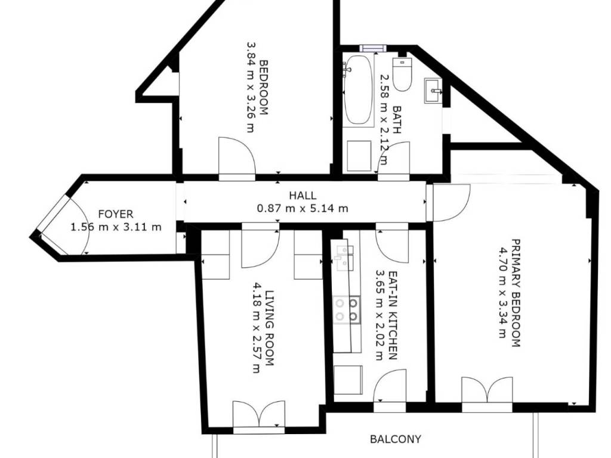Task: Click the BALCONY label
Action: click(x=395, y=440)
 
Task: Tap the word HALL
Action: click(x=303, y=195)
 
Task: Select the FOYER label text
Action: click(x=116, y=214)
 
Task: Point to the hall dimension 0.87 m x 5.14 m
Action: click(x=303, y=208)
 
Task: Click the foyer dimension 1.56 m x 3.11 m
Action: click(x=116, y=227)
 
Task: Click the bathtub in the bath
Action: click(x=359, y=90)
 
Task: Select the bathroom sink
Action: click(x=434, y=91)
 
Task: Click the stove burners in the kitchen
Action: click(x=347, y=310)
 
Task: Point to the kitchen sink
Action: click(x=344, y=258)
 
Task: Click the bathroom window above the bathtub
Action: click(x=373, y=48)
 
